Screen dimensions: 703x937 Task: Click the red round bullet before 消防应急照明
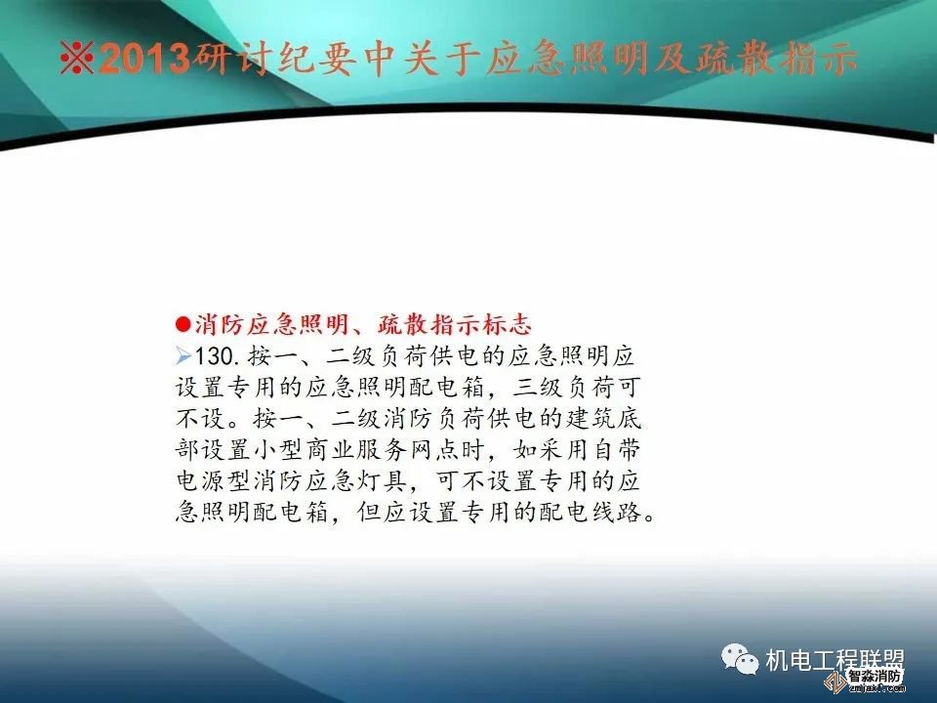tap(182, 324)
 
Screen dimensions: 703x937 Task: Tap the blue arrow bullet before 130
tap(183, 351)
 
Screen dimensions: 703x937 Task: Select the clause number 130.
tap(219, 351)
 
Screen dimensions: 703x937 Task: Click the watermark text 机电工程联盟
tap(835, 661)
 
